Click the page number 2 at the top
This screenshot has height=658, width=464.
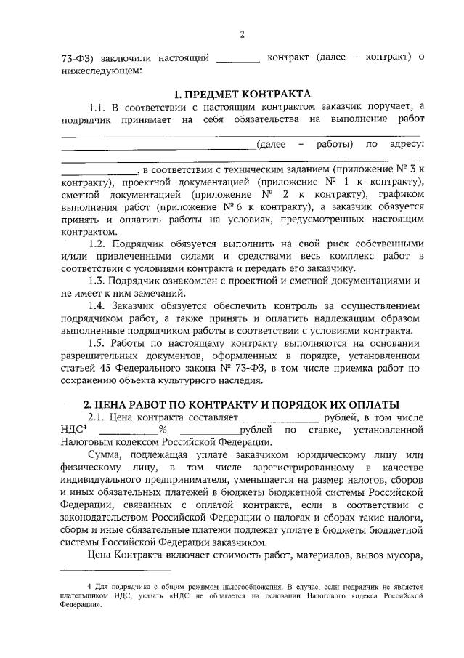tap(243, 34)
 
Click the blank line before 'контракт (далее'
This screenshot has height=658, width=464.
tap(238, 57)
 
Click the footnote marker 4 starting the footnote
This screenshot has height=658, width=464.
tap(89, 585)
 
